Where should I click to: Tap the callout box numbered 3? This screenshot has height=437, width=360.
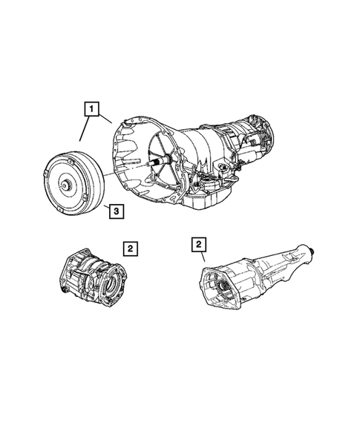[x=116, y=212]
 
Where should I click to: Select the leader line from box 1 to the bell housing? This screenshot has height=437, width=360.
[x=106, y=117]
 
